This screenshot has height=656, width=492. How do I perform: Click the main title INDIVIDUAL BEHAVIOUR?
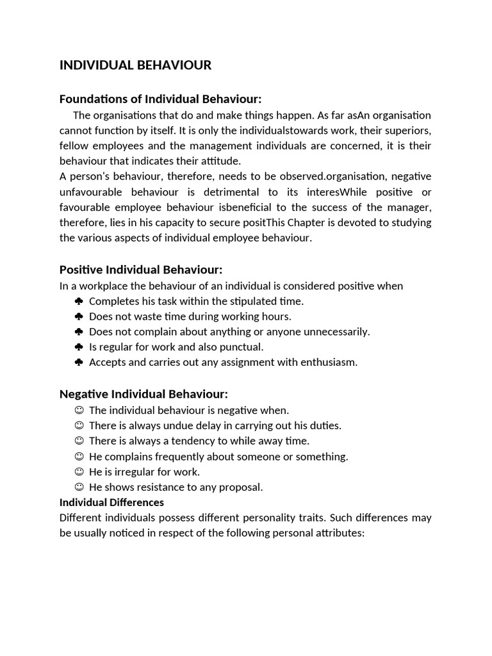[x=135, y=65]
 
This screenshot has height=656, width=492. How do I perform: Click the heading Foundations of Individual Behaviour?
[x=160, y=99]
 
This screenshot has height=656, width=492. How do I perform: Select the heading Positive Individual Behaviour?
[x=140, y=270]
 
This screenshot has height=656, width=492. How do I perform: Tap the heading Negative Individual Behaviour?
[x=143, y=394]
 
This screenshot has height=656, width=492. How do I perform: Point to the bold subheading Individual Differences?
[x=111, y=502]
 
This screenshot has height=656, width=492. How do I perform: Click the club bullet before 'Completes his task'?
[x=79, y=301]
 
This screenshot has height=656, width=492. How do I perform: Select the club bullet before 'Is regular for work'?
[x=79, y=347]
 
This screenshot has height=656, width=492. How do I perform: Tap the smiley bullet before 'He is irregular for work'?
[x=79, y=471]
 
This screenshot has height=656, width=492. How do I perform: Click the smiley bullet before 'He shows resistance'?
[x=79, y=487]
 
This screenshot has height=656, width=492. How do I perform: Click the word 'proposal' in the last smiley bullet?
[x=241, y=488]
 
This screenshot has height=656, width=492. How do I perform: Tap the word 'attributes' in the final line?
[x=337, y=533]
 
